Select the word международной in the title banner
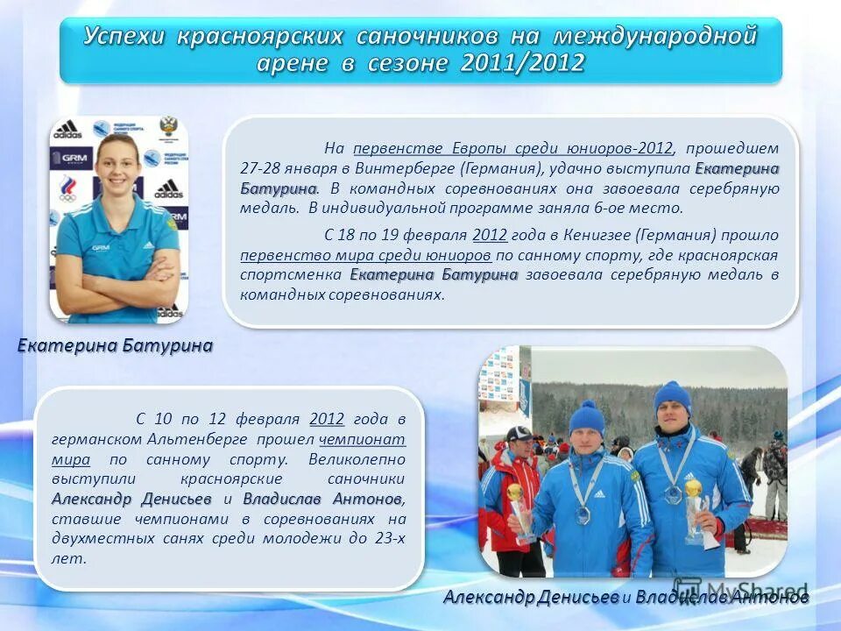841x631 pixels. click(x=653, y=36)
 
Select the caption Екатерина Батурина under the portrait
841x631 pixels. click(x=115, y=346)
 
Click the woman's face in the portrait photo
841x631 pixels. click(x=116, y=167)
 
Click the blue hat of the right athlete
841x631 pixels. click(x=672, y=396)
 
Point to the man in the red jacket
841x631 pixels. click(x=511, y=491)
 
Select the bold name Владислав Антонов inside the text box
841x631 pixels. click(x=322, y=499)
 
